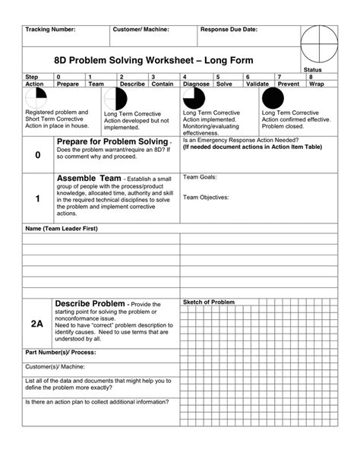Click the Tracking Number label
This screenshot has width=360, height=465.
[x=50, y=29]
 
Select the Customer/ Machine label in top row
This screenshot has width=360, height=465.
[x=141, y=29]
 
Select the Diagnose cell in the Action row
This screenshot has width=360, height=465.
[x=197, y=84]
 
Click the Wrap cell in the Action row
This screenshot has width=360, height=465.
[x=317, y=84]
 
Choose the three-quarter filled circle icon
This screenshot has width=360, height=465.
[x=194, y=99]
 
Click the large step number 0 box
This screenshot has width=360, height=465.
[x=38, y=155]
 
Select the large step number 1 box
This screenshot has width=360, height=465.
[x=38, y=198]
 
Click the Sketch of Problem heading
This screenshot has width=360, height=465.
[x=209, y=302]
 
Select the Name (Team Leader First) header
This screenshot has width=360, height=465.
[x=62, y=229]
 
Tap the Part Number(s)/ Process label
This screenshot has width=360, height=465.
[x=62, y=353]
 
